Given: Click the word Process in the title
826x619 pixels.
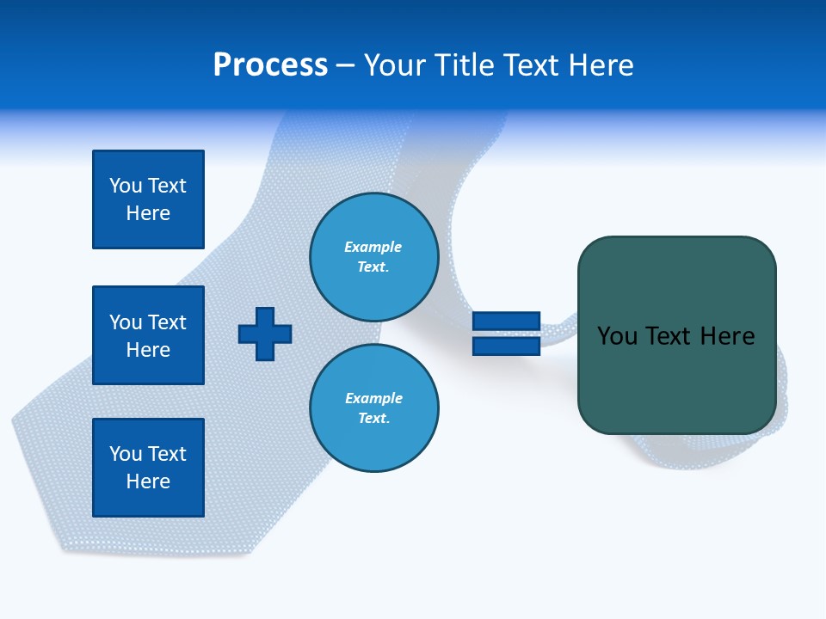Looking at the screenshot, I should pos(270,65).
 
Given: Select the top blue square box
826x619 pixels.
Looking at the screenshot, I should pos(148,199).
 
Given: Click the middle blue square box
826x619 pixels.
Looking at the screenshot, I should pos(148,335).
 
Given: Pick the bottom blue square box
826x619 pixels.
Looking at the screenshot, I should pos(148,468).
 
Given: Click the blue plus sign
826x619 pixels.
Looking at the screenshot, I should pos(265,334).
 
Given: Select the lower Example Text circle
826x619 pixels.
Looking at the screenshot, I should pos(373,408).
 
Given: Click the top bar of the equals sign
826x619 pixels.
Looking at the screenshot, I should pos(506,322).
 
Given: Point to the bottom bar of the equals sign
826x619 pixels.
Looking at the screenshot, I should pos(506,346).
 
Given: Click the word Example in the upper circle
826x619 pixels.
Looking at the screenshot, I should pos(373,247).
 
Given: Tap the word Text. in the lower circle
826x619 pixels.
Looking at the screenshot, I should pos(373,418).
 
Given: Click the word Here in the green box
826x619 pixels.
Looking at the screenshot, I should pos(727,336).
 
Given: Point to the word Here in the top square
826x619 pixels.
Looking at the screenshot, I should pos(148,213).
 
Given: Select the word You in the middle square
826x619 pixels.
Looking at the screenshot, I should pos(125,322).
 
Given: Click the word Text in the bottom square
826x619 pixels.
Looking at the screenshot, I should pos(167,454).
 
